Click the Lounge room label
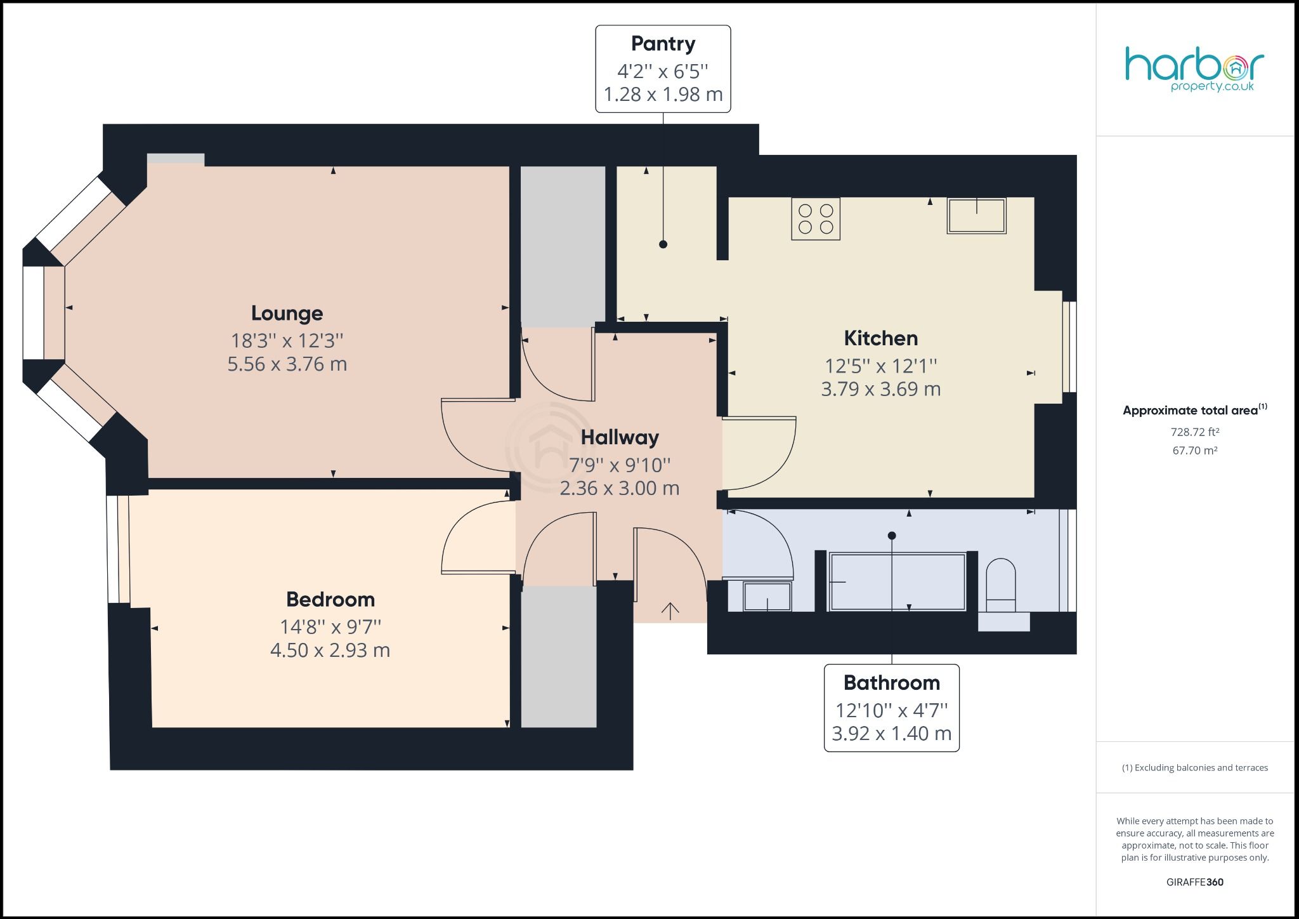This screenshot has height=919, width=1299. coord(287,313)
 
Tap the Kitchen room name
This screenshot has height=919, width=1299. coord(880,338)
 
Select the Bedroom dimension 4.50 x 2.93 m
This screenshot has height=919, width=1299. coord(330,651)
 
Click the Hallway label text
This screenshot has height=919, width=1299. coord(620,437)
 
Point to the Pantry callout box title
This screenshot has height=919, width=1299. coord(663,44)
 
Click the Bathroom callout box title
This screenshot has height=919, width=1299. coord(891,683)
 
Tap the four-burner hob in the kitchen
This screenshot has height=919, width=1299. coord(816,219)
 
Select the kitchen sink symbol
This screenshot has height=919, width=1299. coord(977,216)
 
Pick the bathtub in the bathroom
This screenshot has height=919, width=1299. coord(897,582)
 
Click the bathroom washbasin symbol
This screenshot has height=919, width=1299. coord(767,597)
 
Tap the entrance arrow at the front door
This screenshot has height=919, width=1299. coord(670,611)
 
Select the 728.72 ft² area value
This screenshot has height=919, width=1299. coord(1195,432)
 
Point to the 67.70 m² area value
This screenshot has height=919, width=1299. coord(1195,451)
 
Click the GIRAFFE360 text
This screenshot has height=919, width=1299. coord(1195,882)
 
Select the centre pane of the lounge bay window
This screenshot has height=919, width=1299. coord(34,313)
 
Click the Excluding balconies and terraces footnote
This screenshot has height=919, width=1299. coord(1195,768)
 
